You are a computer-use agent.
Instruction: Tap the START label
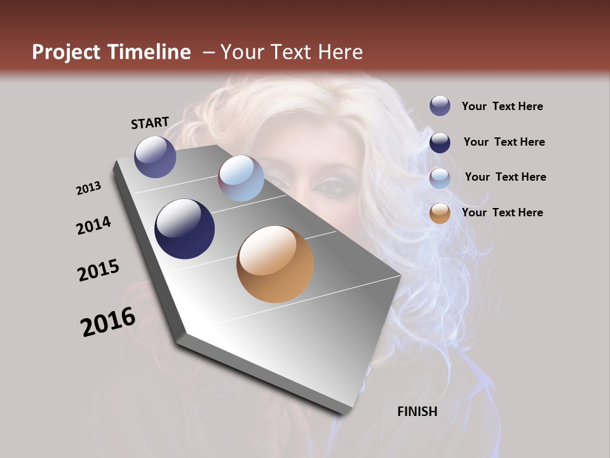click(150, 123)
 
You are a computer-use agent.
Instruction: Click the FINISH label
click(417, 412)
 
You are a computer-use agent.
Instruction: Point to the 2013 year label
click(89, 188)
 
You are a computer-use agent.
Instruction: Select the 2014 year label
click(94, 225)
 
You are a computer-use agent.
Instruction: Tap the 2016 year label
click(108, 322)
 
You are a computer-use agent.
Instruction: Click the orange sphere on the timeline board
click(275, 264)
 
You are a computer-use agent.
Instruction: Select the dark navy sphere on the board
click(185, 229)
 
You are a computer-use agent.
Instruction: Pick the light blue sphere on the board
click(241, 178)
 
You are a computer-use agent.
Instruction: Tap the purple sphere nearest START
click(155, 156)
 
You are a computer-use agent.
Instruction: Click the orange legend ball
click(440, 213)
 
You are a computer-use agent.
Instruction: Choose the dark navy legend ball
click(440, 142)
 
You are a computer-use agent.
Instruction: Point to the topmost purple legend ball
click(440, 106)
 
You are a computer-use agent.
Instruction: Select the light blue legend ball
click(440, 178)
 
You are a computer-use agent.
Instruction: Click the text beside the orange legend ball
click(503, 212)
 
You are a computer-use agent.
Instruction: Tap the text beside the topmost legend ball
click(503, 106)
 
